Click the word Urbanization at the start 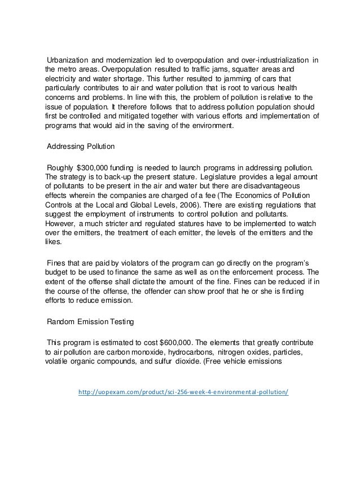(x=67, y=61)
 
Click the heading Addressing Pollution (x=81, y=146)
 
